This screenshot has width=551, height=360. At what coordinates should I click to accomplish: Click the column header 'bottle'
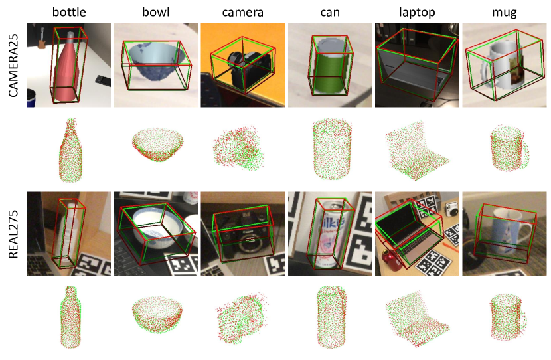click(69, 12)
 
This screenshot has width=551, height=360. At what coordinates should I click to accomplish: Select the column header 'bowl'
click(155, 12)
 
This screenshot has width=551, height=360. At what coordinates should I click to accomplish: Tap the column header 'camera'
click(242, 13)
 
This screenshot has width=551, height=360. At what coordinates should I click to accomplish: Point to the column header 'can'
click(330, 13)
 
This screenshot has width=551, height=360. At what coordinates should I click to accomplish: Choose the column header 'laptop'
click(417, 13)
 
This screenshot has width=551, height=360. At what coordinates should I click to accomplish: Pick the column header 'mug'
click(505, 13)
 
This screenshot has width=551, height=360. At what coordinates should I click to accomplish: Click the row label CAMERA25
click(13, 65)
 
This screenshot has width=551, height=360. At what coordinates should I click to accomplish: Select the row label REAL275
click(13, 234)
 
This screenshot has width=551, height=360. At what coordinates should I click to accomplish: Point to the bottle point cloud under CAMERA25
click(70, 150)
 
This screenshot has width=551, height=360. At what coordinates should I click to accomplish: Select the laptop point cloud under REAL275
click(417, 319)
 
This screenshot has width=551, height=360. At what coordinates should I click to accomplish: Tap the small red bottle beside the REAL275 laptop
click(390, 260)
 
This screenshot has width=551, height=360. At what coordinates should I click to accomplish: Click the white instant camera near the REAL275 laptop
click(451, 211)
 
